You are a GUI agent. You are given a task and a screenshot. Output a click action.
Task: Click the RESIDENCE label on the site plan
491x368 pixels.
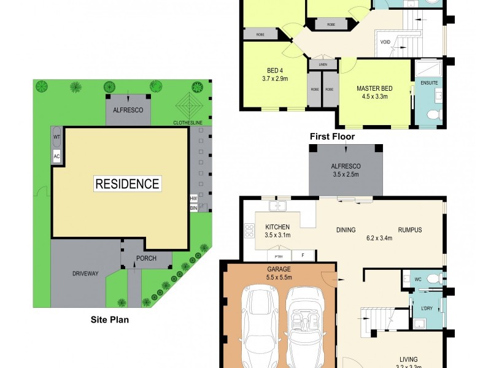(127, 183)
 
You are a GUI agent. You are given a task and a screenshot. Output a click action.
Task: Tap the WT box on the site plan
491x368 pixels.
(56, 137)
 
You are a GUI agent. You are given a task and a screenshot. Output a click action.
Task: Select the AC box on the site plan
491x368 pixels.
(56, 156)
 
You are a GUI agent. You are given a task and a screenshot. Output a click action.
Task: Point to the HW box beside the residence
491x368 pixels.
(193, 199)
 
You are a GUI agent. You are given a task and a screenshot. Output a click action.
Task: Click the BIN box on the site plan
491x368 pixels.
(193, 209)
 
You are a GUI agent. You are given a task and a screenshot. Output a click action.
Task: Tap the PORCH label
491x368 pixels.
(146, 258)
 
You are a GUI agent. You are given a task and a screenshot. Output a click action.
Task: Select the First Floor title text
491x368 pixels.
(332, 137)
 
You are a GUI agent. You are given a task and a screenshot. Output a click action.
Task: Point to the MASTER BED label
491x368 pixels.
(374, 88)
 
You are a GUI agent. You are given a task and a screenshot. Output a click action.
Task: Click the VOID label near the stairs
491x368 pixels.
(385, 42)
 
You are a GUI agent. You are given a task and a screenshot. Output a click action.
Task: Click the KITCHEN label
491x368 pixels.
(277, 226)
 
